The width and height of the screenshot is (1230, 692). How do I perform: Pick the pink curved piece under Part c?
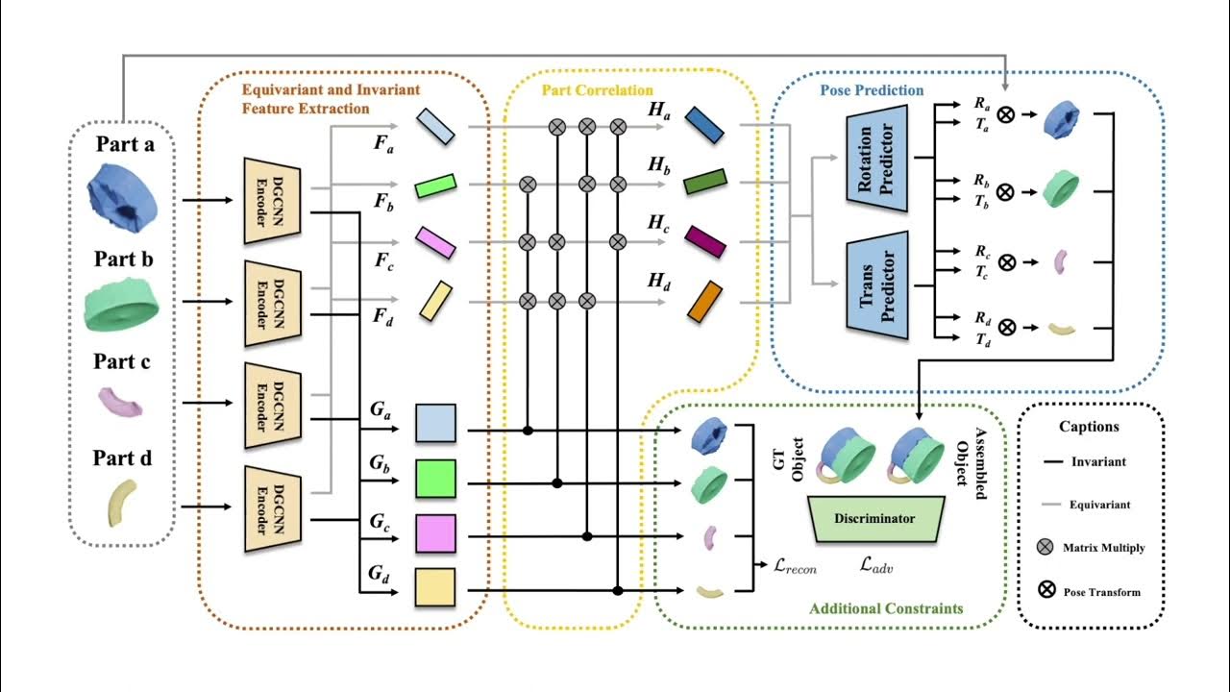click(122, 402)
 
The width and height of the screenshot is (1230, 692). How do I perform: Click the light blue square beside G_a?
click(435, 423)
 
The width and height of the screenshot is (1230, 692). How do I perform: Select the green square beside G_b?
click(435, 478)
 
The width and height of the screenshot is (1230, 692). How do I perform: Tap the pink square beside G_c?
click(435, 532)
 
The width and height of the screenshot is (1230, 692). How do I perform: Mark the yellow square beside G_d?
click(435, 587)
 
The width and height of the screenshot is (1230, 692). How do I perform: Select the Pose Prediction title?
click(871, 90)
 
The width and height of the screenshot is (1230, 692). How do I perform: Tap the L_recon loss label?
click(795, 567)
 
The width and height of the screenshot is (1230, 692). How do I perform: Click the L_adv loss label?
click(878, 567)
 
